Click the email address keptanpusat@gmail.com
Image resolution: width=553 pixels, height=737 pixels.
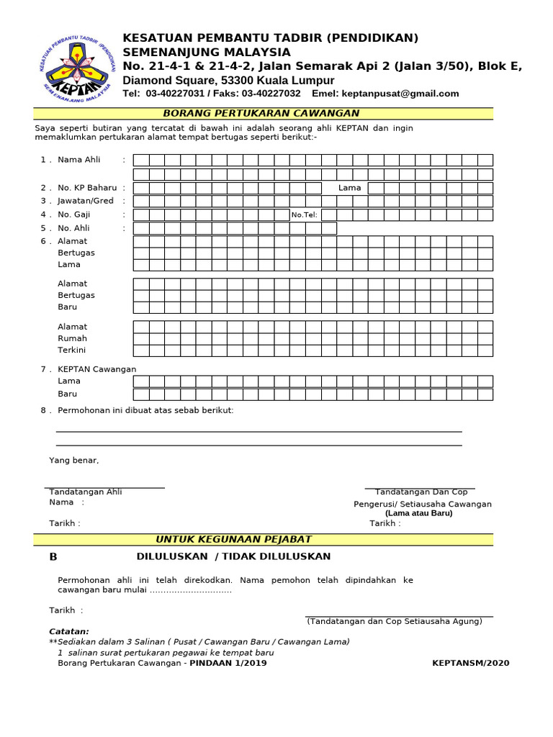(401, 94)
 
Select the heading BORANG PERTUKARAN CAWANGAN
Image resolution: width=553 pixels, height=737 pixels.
(261, 114)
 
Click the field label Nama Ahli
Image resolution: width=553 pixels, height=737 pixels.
(79, 160)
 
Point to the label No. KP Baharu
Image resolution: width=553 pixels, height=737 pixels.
(86, 188)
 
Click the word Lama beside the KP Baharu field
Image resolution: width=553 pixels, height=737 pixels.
(350, 188)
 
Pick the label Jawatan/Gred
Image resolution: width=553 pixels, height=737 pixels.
(86, 201)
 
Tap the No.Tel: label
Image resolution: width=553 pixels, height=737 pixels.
(304, 214)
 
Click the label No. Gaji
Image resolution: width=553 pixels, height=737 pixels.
(74, 214)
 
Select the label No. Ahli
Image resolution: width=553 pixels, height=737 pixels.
(74, 228)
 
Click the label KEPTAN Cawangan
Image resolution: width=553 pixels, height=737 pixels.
(96, 369)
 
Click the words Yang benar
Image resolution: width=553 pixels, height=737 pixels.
(74, 460)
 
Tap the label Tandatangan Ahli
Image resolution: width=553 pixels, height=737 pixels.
(86, 492)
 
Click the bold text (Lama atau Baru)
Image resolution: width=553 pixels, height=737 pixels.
(418, 513)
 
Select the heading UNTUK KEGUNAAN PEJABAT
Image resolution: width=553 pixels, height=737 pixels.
(234, 540)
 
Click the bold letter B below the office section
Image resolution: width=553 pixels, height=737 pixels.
(53, 557)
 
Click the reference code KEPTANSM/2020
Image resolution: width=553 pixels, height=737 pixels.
(470, 663)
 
